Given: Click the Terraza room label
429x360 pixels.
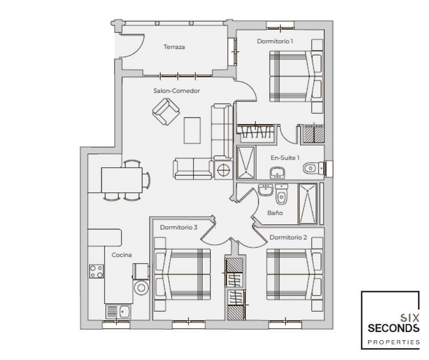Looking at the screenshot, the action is coord(174,47).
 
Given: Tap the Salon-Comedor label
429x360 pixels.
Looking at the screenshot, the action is coord(177,90).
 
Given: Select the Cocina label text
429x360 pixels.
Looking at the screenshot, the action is coord(122,255).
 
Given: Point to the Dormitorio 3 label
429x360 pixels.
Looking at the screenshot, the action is coord(178,228).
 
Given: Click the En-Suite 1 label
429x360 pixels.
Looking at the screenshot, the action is coord(285,158).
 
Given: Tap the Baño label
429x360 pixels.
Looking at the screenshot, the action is coord(275,212).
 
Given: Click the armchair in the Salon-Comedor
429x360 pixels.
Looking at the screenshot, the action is coord(166,111).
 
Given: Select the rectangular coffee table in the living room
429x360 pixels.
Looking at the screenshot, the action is coord(192,130).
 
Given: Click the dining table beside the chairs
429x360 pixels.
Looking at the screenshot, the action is coord(121,180).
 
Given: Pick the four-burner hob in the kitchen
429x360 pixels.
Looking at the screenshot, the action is coord(96,271).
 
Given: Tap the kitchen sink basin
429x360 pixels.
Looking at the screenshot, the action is coord(125,311).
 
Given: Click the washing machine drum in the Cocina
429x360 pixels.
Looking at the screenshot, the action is coord(141,288).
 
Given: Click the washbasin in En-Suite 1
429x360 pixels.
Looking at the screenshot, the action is coord(277,173).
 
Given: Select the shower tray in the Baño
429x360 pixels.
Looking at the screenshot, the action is coord(308,204).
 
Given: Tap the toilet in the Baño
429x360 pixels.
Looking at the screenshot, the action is coord(281,194).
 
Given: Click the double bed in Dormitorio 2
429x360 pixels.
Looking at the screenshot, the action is coord(294,274).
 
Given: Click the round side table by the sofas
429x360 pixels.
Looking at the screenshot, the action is coord(223,170).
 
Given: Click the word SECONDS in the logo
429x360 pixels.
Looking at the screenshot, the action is coord(393,328).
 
